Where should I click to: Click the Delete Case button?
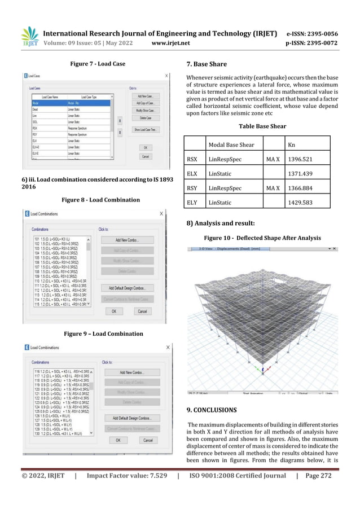tap(146, 117)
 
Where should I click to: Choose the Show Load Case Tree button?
tap(146, 129)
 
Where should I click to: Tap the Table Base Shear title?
tap(262, 126)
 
